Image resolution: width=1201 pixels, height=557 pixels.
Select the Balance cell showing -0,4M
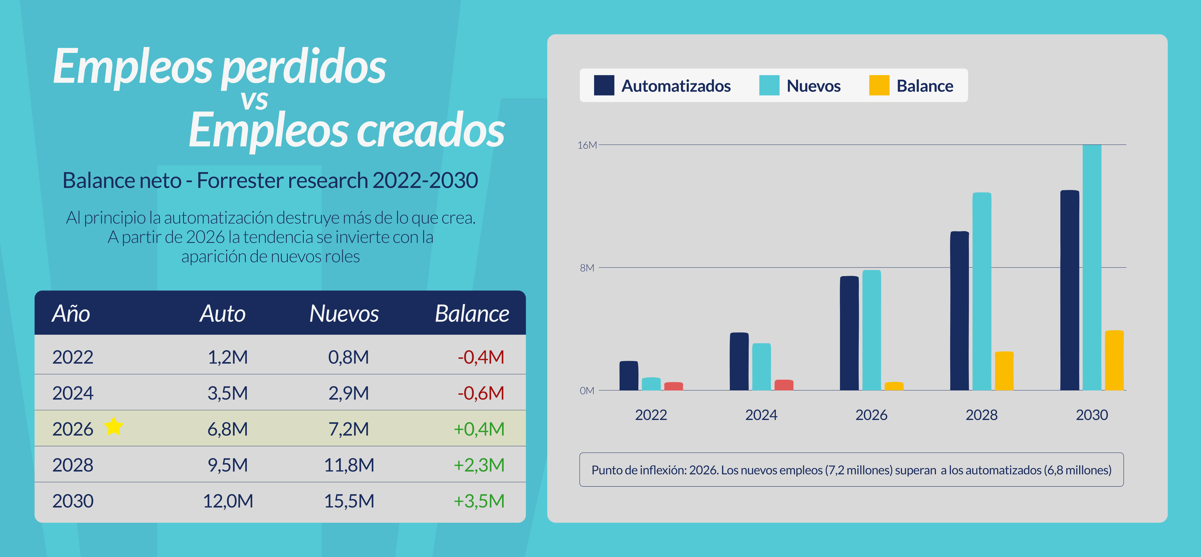tap(481, 357)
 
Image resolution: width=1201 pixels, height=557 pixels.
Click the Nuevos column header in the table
tap(344, 313)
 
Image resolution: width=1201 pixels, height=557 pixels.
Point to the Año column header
tap(71, 313)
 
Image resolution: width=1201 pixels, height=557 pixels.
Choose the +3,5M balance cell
tap(479, 501)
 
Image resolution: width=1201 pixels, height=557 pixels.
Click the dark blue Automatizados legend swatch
tap(604, 85)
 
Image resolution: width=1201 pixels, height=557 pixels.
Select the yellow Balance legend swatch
tap(879, 85)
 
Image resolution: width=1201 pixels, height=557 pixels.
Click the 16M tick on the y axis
tap(587, 145)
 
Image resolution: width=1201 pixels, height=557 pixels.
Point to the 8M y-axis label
tap(587, 268)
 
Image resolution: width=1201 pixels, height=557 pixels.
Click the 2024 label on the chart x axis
tap(761, 415)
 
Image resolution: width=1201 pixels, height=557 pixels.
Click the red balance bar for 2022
tap(673, 386)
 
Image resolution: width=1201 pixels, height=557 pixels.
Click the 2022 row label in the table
tap(73, 357)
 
